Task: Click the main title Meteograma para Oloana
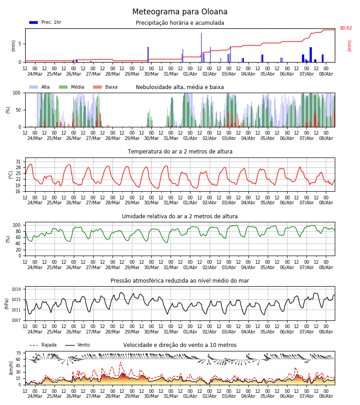pyautogui.click(x=180, y=12)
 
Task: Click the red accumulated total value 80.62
pyautogui.click(x=346, y=28)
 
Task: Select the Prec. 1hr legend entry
pyautogui.click(x=45, y=22)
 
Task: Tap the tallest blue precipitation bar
pyautogui.click(x=202, y=48)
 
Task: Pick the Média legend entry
pyautogui.click(x=72, y=87)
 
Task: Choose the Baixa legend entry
pyautogui.click(x=105, y=87)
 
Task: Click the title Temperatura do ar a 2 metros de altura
pyautogui.click(x=180, y=152)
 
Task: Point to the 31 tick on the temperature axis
pyautogui.click(x=18, y=162)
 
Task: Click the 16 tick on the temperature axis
pyautogui.click(x=18, y=191)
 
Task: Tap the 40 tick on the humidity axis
pyautogui.click(x=18, y=243)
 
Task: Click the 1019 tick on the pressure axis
pyautogui.click(x=16, y=289)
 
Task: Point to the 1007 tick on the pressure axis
pyautogui.click(x=16, y=320)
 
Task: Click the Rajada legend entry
pyautogui.click(x=43, y=345)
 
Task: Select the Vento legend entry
pyautogui.click(x=77, y=345)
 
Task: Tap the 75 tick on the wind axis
pyautogui.click(x=18, y=353)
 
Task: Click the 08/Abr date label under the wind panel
pyautogui.click(x=326, y=396)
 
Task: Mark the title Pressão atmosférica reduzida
pyautogui.click(x=180, y=281)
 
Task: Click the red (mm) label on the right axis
pyautogui.click(x=349, y=46)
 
